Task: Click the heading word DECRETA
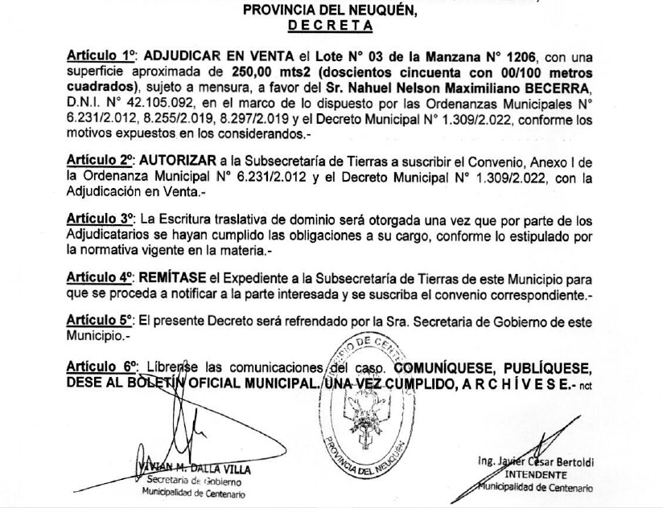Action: click(x=331, y=25)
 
